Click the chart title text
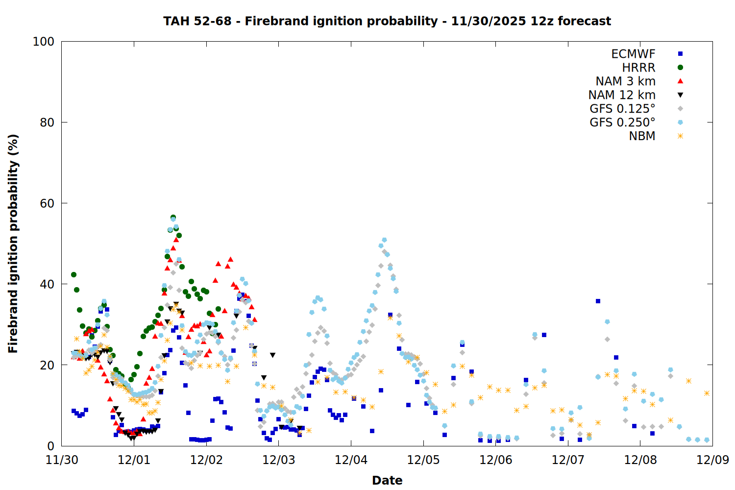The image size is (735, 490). point(387,21)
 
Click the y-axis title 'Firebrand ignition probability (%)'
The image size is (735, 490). point(13,244)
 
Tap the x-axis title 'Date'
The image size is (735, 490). point(387,480)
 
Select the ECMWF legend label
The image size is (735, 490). point(633,54)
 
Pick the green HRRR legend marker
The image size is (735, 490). point(680,68)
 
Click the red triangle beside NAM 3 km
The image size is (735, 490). point(680,81)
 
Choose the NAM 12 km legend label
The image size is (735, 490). point(622,95)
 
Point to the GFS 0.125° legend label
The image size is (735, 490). point(622,109)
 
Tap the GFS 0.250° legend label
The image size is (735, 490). point(622,122)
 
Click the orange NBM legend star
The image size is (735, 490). point(680,136)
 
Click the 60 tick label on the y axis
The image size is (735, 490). point(47,203)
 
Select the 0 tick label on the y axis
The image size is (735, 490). point(50,446)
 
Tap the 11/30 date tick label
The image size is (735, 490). point(62,460)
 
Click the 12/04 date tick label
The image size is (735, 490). point(351,460)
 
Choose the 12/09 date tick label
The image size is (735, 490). point(712,460)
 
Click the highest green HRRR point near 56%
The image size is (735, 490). point(173,217)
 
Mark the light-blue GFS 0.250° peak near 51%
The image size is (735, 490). point(384,240)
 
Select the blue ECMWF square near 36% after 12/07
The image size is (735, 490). point(598,301)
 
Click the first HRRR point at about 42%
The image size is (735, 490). point(73,274)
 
